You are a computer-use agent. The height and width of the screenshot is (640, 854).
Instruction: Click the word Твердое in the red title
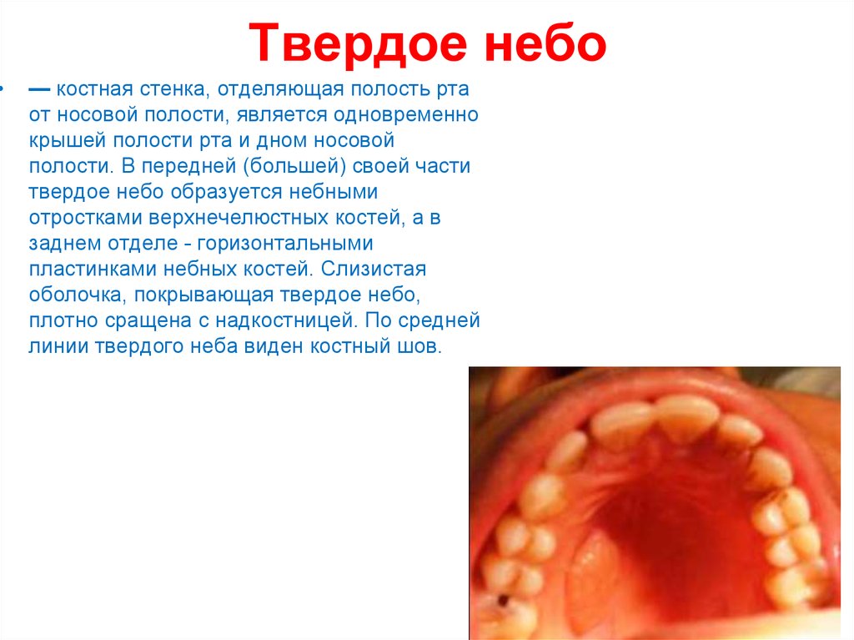pos(358,43)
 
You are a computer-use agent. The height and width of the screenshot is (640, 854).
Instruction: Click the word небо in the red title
pos(545,43)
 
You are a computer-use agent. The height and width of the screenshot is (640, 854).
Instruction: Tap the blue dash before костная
pos(39,89)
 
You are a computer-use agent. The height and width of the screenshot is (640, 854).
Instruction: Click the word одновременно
pos(406,115)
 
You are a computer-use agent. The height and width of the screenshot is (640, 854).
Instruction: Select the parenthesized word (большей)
pos(294,166)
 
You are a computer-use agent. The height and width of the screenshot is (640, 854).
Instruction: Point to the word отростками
pos(86,218)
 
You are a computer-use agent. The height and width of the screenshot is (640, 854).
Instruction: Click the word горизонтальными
pos(285,244)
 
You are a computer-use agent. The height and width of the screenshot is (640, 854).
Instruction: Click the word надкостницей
pos(286,320)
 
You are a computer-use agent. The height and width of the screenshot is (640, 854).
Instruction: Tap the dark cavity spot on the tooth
pos(504,600)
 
